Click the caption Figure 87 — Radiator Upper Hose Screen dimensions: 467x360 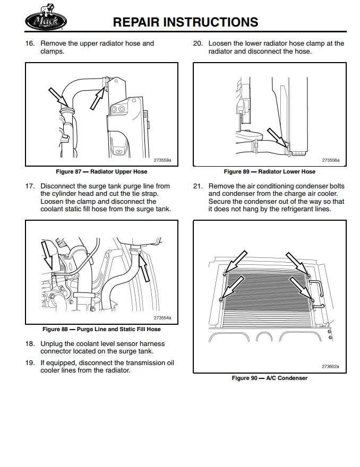101,172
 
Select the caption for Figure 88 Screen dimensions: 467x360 101,330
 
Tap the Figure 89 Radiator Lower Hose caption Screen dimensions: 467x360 269,172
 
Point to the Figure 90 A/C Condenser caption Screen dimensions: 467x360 269,378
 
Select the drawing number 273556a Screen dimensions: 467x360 330,160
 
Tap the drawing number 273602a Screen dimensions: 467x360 330,366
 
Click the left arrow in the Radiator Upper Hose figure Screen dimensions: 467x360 58,98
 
